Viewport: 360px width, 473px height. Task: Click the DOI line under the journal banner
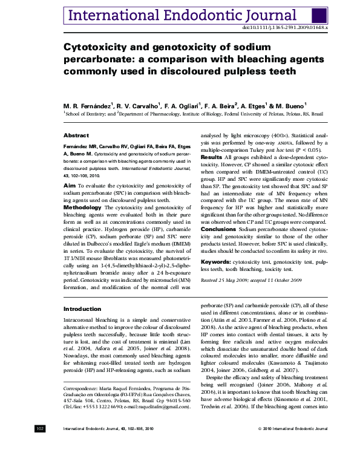point(285,28)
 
